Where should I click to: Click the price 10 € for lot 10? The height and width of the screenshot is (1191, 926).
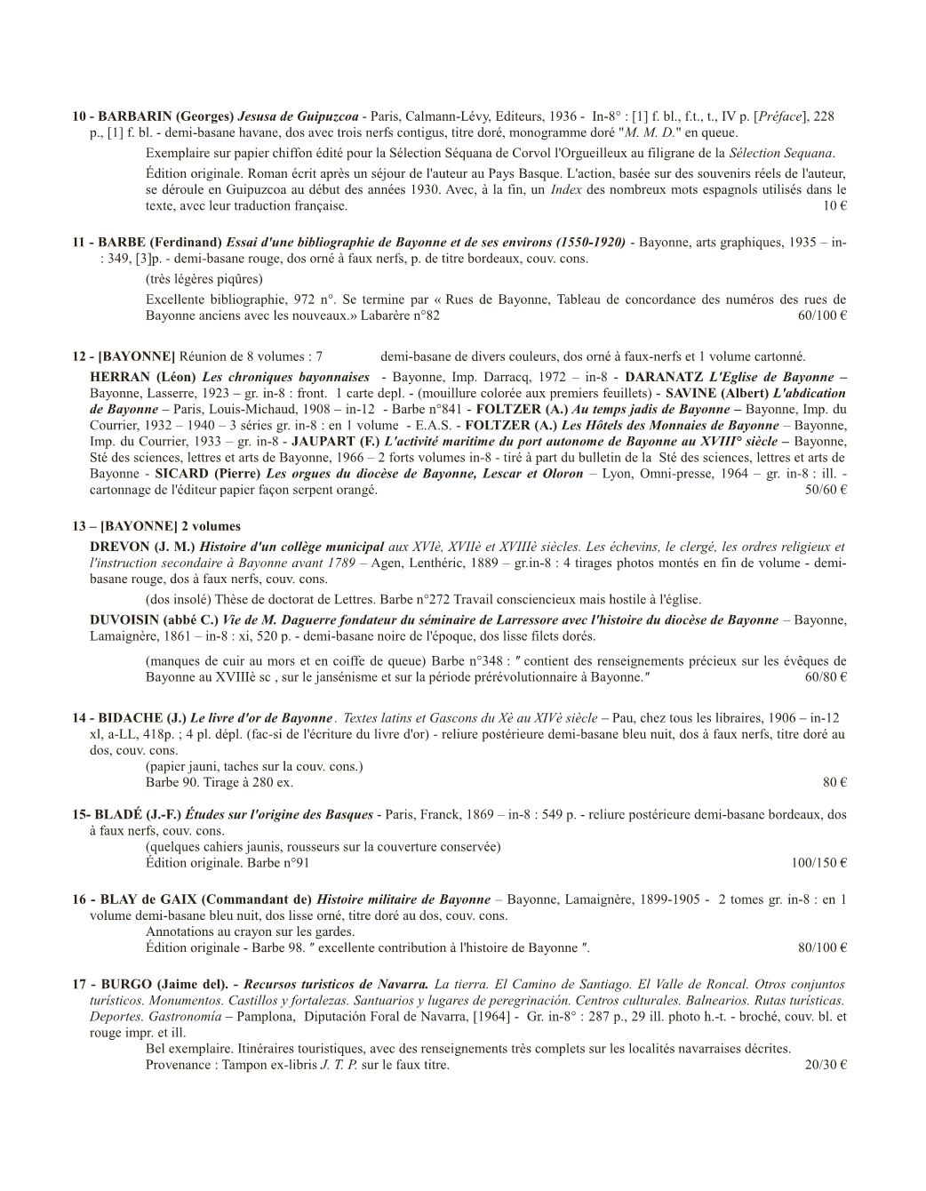coord(834,206)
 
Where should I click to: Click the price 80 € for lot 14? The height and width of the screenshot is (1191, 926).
coord(834,782)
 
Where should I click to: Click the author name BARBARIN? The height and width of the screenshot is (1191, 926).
coord(134,116)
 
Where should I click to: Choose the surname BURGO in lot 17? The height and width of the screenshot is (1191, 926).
coord(127,985)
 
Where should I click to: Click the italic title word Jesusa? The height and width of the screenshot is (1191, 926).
coord(259,116)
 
